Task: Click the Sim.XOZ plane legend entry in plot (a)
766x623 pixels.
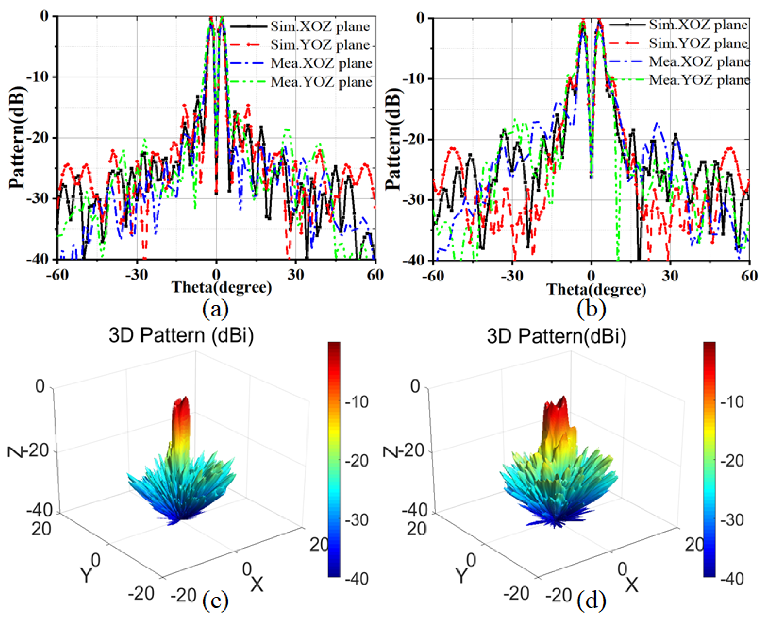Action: [x=319, y=26]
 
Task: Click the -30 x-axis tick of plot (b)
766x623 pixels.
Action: [x=512, y=276]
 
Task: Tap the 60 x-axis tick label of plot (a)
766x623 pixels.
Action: [x=375, y=275]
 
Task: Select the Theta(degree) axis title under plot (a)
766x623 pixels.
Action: [x=222, y=287]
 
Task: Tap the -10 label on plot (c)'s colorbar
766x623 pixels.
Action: [x=357, y=402]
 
